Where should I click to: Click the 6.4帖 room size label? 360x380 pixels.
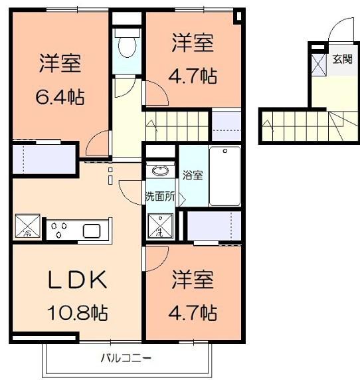pos(60,96)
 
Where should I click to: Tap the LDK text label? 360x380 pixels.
pos(78,280)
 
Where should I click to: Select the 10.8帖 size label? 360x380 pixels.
pos(78,311)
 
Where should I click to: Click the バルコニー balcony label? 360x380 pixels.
pos(126,359)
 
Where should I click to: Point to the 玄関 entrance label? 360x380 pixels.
pos(343,59)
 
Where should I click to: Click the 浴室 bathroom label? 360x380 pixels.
pos(193,175)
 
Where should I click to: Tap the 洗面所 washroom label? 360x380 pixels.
pos(160,197)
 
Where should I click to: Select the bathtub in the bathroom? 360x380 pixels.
pos(225,176)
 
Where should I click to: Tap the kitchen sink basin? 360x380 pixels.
pos(92,231)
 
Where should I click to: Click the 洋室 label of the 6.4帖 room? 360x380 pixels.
pos(60,64)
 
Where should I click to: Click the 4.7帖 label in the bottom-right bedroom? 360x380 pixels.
pos(193,311)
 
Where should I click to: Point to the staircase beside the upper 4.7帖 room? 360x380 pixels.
pos(177,124)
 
